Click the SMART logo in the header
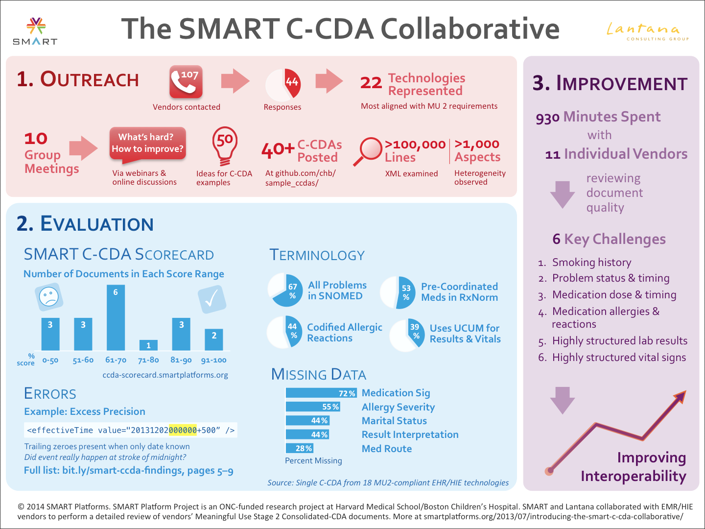tap(35, 31)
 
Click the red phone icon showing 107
tap(186, 82)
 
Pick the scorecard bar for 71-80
tap(148, 345)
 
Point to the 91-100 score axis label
tap(214, 360)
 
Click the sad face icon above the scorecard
tap(49, 296)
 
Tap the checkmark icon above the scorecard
tap(211, 299)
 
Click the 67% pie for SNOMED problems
tap(285, 290)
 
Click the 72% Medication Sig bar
tap(321, 393)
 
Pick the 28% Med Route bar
tap(299, 448)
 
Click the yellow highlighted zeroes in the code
tap(183, 430)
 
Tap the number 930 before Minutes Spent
tap(547, 118)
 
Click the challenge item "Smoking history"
tap(591, 263)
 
